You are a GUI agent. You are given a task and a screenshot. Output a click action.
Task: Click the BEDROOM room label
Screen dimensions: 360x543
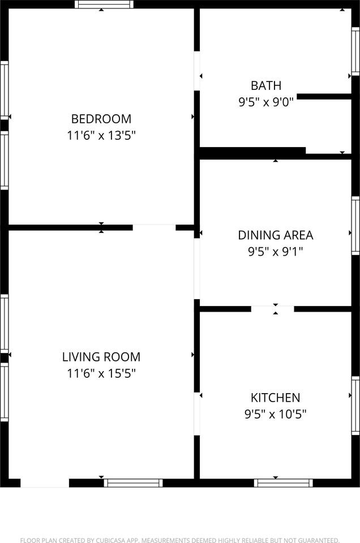click(101, 119)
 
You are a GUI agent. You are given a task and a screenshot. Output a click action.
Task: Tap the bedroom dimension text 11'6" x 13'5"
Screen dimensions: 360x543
click(101, 135)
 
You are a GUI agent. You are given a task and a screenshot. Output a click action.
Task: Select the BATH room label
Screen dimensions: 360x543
click(266, 85)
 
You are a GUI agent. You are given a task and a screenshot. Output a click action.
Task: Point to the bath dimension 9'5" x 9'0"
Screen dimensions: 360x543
click(266, 102)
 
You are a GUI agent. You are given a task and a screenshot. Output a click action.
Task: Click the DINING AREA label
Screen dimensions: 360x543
click(276, 235)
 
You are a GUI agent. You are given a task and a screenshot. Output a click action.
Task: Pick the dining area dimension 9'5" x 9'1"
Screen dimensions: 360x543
click(276, 251)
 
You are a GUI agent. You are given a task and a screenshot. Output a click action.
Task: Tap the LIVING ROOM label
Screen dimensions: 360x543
click(101, 357)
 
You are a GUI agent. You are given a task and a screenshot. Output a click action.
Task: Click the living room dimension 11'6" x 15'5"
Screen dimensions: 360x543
click(101, 373)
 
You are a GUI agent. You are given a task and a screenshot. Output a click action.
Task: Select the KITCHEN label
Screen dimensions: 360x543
click(276, 398)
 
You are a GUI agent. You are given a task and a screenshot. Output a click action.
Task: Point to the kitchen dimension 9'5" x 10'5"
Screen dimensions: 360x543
click(276, 414)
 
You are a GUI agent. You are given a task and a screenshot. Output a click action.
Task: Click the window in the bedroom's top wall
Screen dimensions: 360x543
click(104, 4)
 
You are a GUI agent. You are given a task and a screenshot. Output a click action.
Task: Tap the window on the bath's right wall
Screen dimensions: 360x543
click(355, 51)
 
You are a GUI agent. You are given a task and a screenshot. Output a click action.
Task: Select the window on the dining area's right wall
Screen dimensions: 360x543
click(355, 226)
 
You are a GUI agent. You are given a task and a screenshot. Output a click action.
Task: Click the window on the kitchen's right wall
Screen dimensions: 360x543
click(355, 406)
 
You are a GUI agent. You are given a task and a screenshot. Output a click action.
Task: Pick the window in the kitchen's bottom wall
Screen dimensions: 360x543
click(284, 483)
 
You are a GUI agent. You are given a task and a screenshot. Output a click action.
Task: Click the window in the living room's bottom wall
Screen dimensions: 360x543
click(134, 483)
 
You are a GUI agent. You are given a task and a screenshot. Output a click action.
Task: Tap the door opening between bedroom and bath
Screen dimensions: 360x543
click(197, 71)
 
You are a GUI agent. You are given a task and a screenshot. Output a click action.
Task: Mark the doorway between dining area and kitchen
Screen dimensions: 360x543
click(273, 309)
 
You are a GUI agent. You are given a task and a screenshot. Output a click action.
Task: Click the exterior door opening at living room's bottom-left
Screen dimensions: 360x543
click(45, 483)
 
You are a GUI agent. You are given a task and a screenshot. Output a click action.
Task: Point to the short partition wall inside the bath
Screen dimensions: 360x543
click(324, 97)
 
